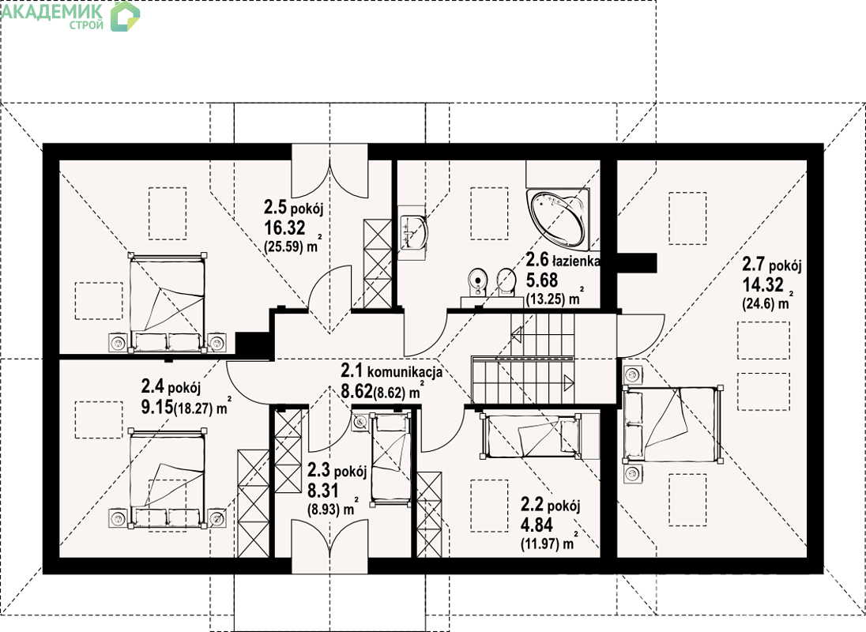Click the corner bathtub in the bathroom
(558, 217)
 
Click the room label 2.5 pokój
(293, 208)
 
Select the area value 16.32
(284, 228)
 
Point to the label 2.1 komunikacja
(391, 371)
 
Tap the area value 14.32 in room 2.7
(762, 285)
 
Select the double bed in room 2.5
(167, 303)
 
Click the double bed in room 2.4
(167, 478)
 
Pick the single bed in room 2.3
(391, 459)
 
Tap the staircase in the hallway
(523, 358)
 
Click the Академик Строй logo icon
(125, 16)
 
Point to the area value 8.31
(323, 491)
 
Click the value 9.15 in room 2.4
(157, 408)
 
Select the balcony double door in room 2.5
(329, 171)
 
